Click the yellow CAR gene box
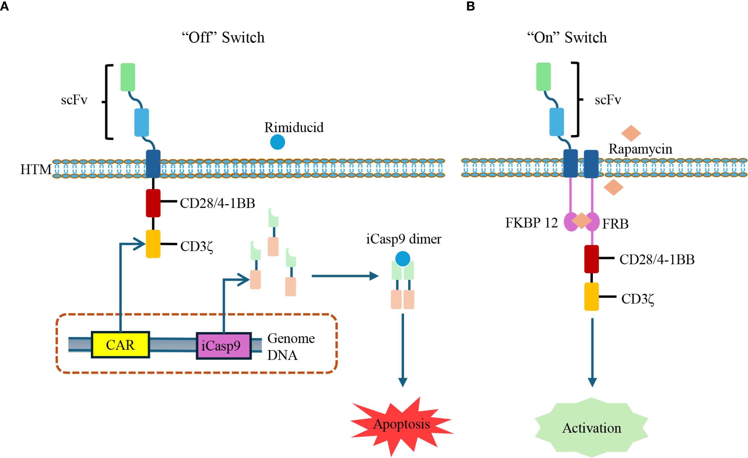(120, 345)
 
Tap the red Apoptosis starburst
(401, 424)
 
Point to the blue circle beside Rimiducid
(277, 142)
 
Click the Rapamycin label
(640, 149)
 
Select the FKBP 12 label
(531, 223)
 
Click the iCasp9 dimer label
(403, 239)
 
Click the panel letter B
(470, 6)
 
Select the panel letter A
(4, 6)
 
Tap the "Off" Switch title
(223, 38)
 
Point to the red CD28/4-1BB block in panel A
(153, 203)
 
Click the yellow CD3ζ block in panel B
(591, 296)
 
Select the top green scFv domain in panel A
(128, 77)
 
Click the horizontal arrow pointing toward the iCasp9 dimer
(345, 276)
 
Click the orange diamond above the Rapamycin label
(631, 133)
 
